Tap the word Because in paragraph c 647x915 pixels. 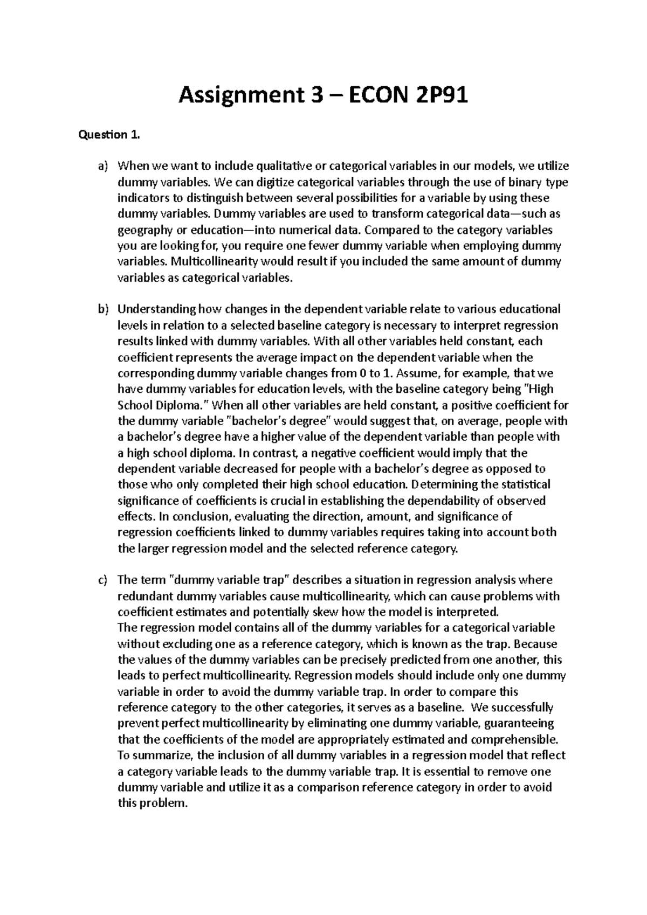pos(536,644)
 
